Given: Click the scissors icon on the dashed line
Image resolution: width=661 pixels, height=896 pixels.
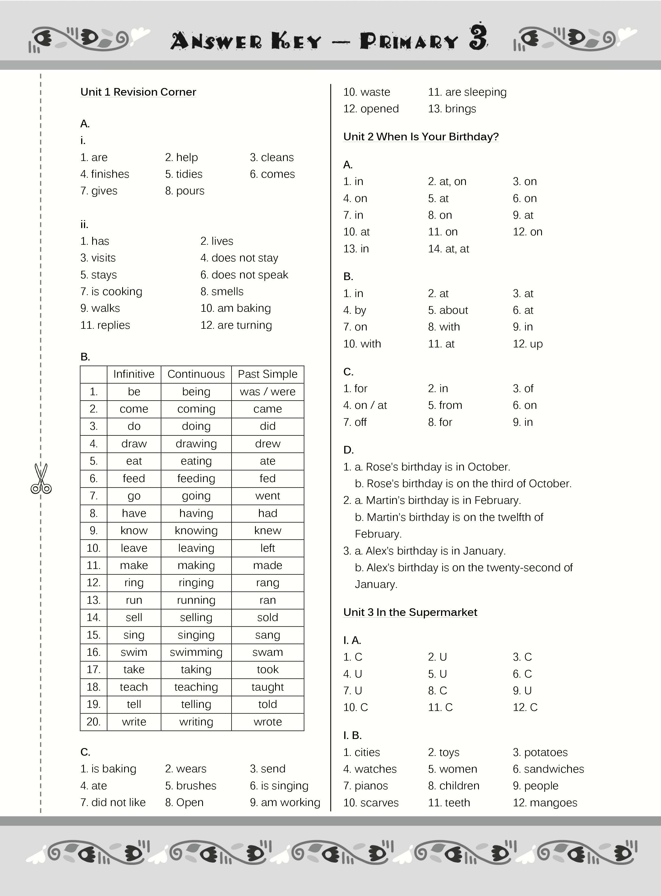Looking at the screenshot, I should [x=41, y=478].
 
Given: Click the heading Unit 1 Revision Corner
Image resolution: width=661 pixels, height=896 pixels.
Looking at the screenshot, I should [x=138, y=92].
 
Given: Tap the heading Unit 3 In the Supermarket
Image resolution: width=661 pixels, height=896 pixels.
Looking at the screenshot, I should [x=410, y=612].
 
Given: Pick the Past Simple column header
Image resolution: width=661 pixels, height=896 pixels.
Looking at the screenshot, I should [x=267, y=374].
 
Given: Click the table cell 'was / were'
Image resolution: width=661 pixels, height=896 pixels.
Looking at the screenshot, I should [x=267, y=392].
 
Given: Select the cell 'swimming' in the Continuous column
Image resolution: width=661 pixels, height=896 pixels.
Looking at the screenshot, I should [x=196, y=652].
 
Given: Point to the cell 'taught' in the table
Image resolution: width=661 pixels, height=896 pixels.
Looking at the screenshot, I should [x=267, y=687].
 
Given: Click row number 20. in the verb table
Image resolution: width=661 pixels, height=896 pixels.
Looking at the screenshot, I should [x=94, y=722].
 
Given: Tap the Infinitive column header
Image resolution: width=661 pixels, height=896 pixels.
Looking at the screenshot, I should [x=134, y=374].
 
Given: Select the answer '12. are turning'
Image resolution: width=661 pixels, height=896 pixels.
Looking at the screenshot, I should [x=236, y=325].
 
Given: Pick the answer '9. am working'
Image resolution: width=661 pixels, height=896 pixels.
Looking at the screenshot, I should [x=285, y=802].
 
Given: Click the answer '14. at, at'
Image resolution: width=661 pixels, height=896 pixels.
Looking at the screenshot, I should [x=448, y=249].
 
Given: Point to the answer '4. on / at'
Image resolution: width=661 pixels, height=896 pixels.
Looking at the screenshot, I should [x=365, y=405].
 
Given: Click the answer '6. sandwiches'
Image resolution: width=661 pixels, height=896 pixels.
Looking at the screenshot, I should [x=548, y=769].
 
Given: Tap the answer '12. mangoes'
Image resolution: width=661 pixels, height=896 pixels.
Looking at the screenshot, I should [x=545, y=803].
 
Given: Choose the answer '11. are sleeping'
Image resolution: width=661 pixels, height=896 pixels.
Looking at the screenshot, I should [x=467, y=92].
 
